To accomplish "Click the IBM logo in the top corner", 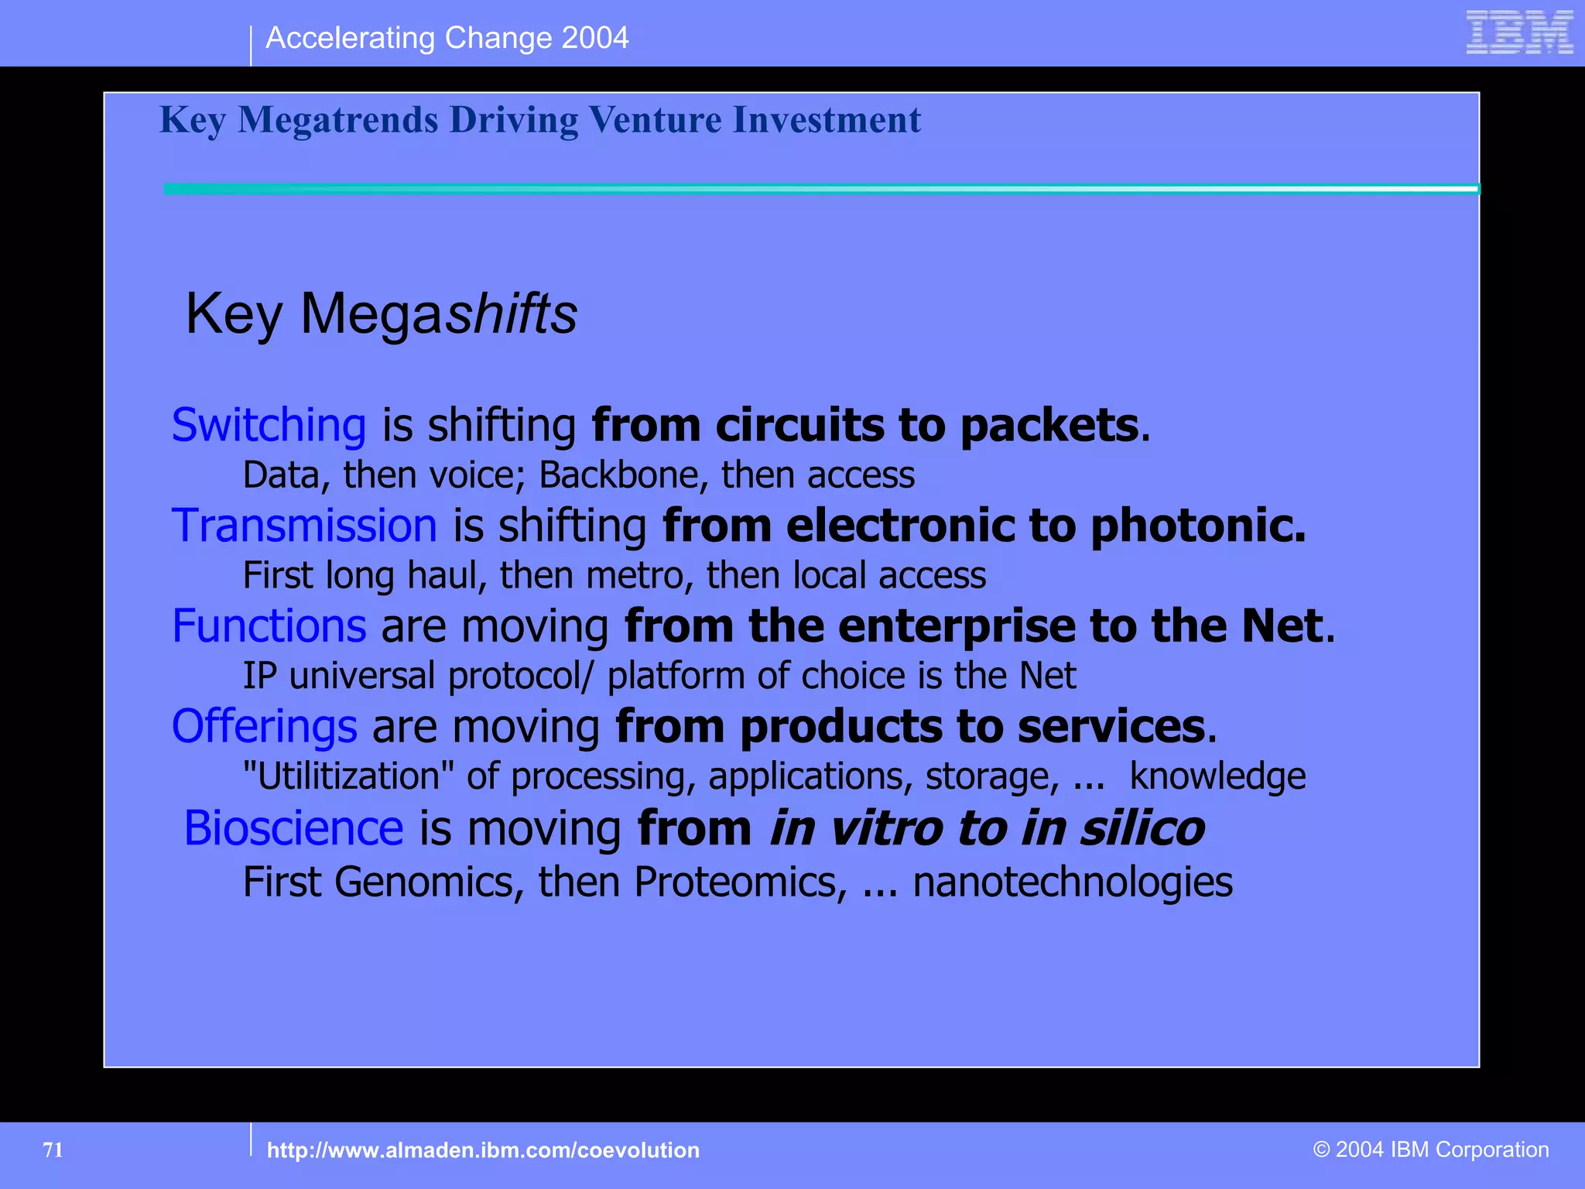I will [1519, 33].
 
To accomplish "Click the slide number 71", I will [53, 1150].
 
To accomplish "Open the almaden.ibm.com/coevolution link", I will [483, 1150].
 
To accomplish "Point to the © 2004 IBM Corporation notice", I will [1431, 1150].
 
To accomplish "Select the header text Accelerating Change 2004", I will [447, 38].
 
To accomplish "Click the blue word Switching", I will [269, 425].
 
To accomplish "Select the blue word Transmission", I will [304, 526].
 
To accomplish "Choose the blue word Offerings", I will [264, 726].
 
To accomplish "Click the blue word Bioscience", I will [293, 828].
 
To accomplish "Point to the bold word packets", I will [1049, 425].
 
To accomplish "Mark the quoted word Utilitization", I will [348, 776].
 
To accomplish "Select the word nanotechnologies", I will [1072, 882].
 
